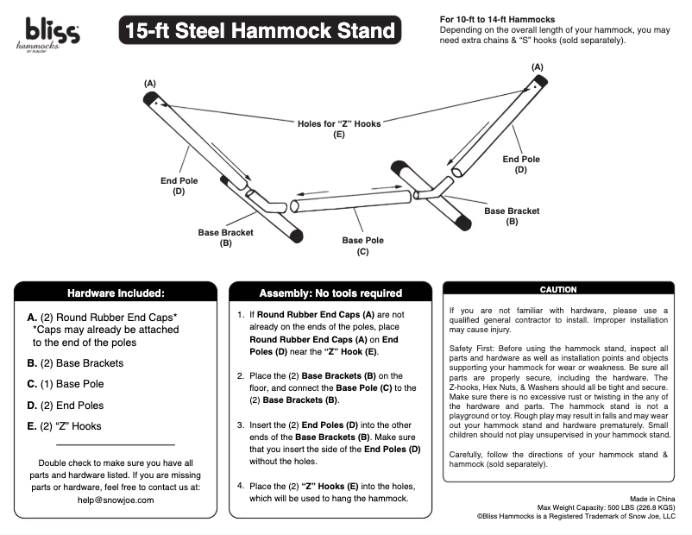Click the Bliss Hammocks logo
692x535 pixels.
[x=53, y=35]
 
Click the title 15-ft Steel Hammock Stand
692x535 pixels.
[x=260, y=32]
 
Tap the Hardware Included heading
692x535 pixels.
[x=116, y=293]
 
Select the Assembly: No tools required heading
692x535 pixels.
[x=330, y=293]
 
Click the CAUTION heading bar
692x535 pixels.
[x=557, y=290]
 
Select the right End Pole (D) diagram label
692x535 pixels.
[x=521, y=164]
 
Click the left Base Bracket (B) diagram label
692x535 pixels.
[x=225, y=237]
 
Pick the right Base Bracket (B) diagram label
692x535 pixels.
[x=512, y=216]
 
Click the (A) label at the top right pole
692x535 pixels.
[x=538, y=66]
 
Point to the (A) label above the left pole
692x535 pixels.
[x=150, y=83]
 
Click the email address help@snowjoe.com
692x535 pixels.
[x=115, y=499]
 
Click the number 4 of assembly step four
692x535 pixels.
[x=241, y=486]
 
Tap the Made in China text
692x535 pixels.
[x=652, y=499]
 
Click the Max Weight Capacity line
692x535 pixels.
[x=606, y=507]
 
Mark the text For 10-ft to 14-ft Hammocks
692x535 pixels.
[x=497, y=19]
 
